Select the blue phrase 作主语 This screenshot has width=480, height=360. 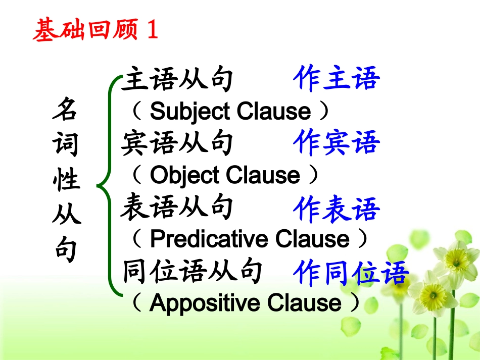(x=337, y=79)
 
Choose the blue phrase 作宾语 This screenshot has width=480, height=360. (x=337, y=143)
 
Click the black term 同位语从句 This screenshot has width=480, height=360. (x=192, y=271)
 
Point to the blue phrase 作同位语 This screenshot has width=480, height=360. (x=351, y=273)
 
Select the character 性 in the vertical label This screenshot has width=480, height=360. (x=66, y=180)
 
